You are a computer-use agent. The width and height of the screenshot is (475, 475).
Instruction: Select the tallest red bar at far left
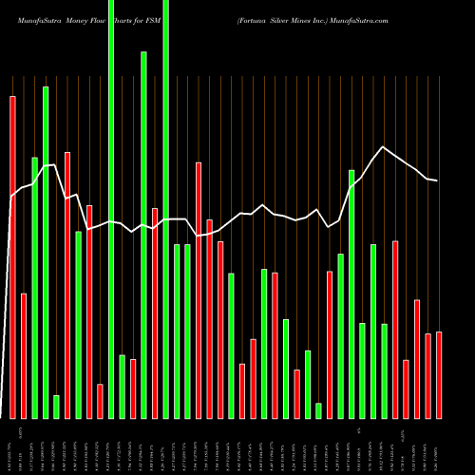12,256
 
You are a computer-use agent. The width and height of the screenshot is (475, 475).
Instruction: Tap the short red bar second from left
24,356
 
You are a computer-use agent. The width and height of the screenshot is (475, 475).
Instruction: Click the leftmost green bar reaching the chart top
111,209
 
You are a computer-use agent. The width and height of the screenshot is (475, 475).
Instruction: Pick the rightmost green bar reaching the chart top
166,209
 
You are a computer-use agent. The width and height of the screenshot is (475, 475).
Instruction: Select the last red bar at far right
439,375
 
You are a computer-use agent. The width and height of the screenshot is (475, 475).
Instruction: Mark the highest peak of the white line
383,147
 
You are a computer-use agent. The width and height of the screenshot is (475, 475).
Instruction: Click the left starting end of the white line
10,198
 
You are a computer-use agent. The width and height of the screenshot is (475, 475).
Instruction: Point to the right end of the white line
437,180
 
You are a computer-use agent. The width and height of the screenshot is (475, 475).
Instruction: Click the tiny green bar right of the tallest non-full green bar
56,407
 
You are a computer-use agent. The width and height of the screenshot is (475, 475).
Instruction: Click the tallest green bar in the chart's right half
351,294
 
